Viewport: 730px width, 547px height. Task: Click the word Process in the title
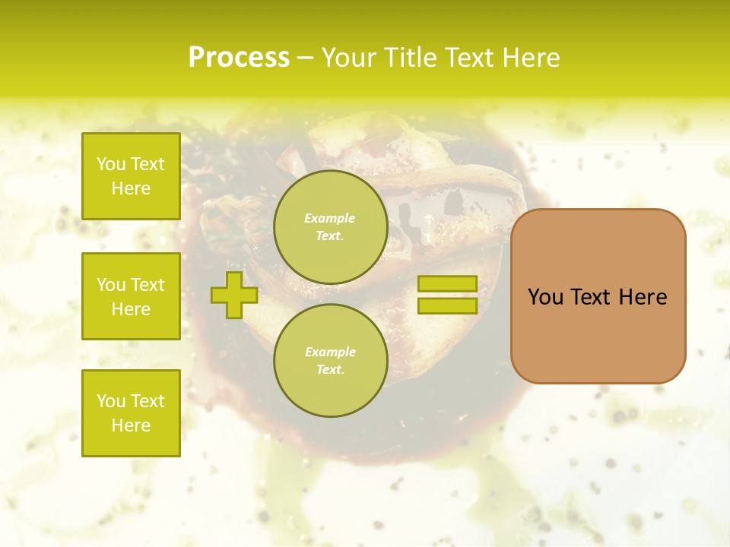239,58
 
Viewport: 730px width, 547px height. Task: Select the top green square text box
131,176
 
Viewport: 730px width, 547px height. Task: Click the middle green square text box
131,296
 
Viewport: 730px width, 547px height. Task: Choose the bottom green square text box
131,413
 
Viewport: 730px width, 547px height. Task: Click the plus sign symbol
234,295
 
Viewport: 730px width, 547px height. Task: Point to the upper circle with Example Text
330,227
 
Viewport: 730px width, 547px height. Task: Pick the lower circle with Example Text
330,361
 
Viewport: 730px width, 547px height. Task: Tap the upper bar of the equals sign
447,284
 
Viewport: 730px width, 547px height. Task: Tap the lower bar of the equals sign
447,306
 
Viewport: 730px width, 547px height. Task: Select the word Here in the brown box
643,297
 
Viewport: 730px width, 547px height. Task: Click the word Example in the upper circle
330,218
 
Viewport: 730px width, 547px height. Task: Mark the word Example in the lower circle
330,352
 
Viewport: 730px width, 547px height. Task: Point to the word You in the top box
111,164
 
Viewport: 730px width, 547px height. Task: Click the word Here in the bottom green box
131,425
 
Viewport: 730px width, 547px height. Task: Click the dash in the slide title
305,58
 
